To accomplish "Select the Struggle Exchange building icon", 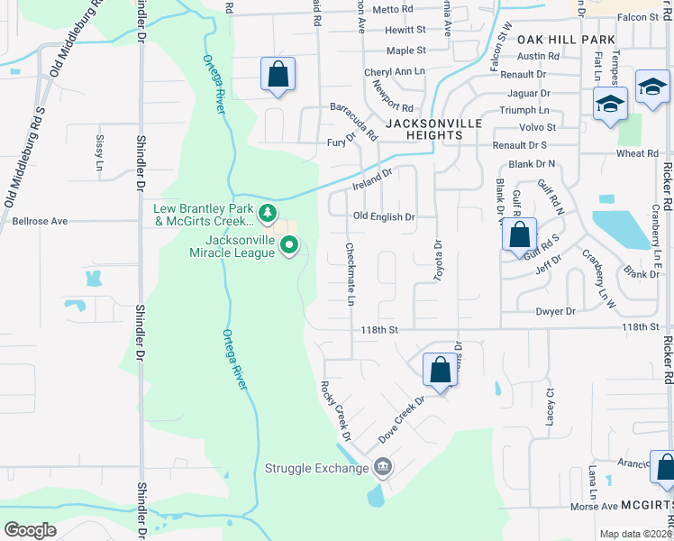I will [382, 467].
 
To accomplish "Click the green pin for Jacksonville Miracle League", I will [289, 244].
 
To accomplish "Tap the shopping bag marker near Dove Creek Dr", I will [440, 370].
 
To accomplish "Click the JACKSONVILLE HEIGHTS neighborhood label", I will [424, 128].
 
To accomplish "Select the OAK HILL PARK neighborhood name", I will [566, 40].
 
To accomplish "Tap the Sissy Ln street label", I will [99, 152].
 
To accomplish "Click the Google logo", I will [29, 530].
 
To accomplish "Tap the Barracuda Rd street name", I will [352, 119].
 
